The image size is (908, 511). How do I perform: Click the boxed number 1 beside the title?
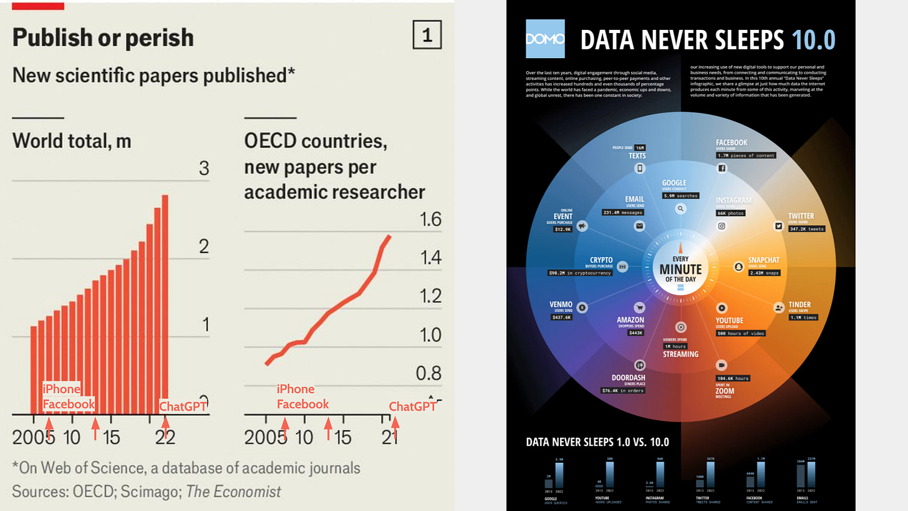tap(427, 36)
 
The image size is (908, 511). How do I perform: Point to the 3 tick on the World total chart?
tap(204, 168)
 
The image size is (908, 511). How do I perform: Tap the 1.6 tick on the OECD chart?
tap(429, 220)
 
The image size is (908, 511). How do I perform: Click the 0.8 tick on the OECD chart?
tap(429, 373)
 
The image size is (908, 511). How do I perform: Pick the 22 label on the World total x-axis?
tap(165, 437)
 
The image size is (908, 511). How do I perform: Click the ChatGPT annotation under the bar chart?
tap(185, 406)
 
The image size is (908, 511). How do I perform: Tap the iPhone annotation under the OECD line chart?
tap(296, 389)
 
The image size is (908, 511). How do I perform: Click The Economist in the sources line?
tap(234, 491)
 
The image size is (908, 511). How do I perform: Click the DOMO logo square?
tap(545, 39)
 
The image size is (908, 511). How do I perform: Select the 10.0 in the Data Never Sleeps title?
tap(813, 40)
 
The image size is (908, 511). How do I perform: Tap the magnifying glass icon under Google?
tap(681, 210)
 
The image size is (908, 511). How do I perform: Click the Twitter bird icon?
tap(778, 226)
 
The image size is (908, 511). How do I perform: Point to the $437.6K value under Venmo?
tap(561, 318)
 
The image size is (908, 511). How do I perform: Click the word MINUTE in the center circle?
tap(680, 270)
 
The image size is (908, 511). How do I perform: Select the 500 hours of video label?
tap(740, 333)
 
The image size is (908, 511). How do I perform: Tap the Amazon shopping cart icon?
tap(639, 308)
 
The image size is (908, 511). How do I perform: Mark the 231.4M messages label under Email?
tap(622, 213)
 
